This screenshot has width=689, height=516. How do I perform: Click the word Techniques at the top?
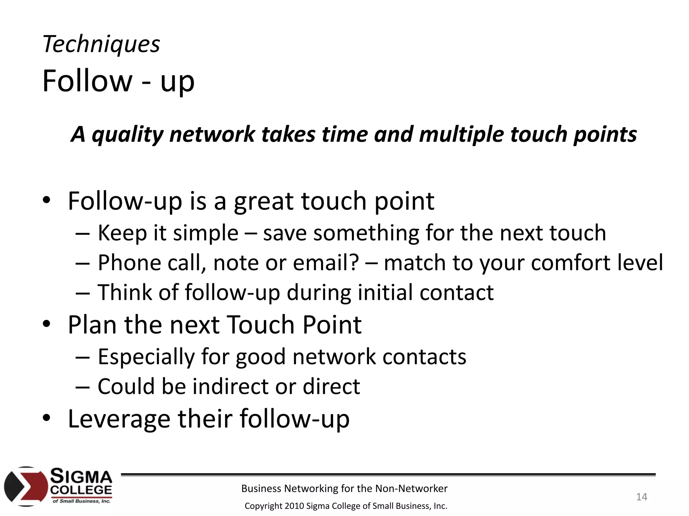[x=101, y=44]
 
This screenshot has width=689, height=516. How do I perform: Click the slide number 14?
[x=642, y=497]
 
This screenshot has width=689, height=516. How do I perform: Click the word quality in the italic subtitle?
[x=128, y=134]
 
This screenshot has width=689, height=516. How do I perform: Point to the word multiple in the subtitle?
[x=462, y=134]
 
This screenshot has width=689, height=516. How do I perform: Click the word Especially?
[x=146, y=357]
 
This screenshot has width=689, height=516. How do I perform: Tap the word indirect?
[x=230, y=386]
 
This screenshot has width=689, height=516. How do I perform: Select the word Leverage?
[x=119, y=419]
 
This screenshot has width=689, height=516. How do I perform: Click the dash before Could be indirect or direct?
[x=82, y=386]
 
